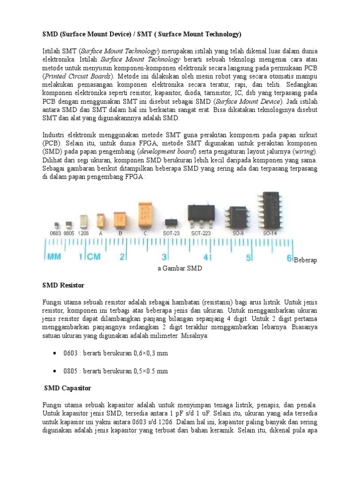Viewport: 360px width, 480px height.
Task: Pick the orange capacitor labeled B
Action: [120, 219]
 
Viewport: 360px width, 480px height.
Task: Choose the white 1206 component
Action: [83, 221]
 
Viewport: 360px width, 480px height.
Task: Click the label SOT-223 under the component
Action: [201, 232]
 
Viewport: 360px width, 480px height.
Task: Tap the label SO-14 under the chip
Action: [269, 232]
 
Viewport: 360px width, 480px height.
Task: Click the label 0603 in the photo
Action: [56, 232]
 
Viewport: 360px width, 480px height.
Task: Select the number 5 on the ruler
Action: [248, 257]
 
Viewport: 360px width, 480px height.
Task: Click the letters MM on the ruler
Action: [54, 257]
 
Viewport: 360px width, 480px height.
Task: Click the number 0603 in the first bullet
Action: [70, 353]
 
